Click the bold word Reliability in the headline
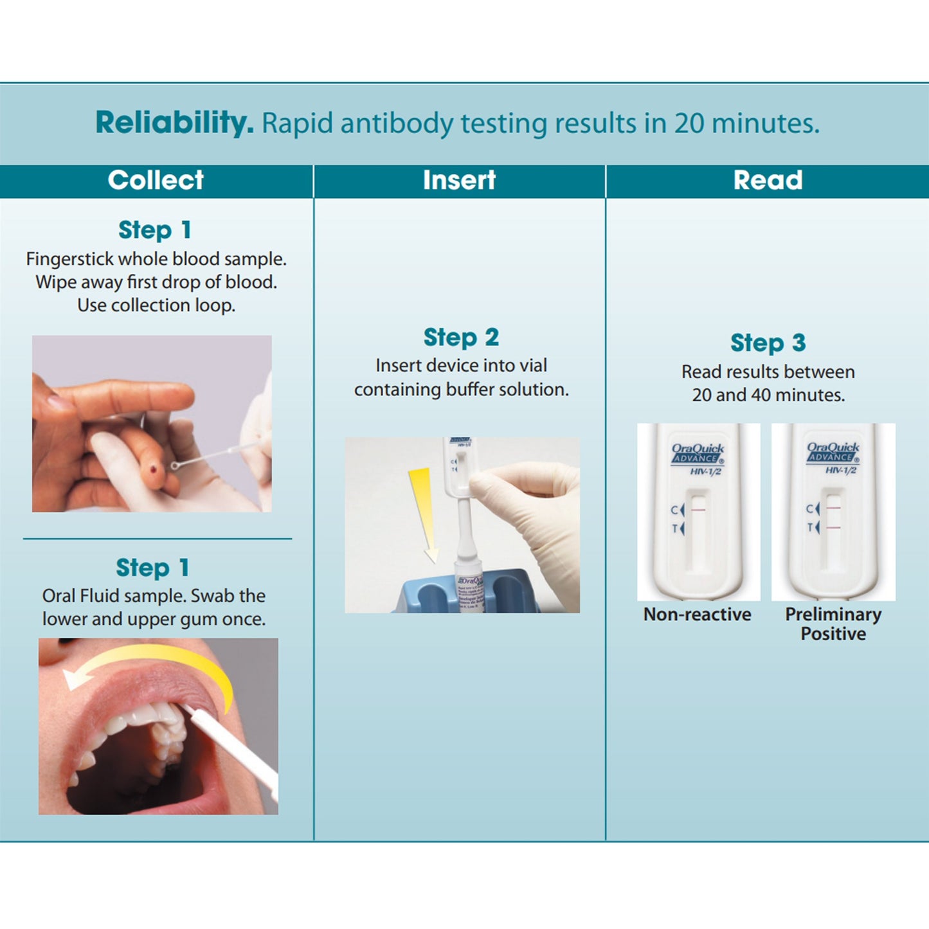pos(174,122)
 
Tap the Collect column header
pos(156,181)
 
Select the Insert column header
pos(459,181)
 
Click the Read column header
pos(768,181)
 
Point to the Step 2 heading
pos(461,337)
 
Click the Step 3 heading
pos(768,343)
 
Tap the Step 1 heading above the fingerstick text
pos(155,230)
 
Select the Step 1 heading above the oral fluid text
pos(153,568)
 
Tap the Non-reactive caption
pos(697,615)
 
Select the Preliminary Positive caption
pos(833,624)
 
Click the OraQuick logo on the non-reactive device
pos(698,453)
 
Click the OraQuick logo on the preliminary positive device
pos(833,451)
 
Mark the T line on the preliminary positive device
pos(833,528)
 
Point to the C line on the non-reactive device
pos(698,509)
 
